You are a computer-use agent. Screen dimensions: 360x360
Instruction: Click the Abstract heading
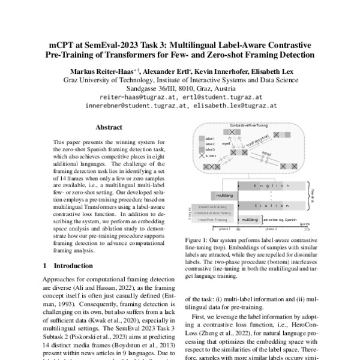click(109, 127)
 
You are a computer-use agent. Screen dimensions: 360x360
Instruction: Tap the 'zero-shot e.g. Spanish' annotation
click(282, 220)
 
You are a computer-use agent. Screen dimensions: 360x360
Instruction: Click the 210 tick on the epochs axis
click(307, 229)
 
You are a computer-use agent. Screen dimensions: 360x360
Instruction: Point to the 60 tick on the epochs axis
click(238, 229)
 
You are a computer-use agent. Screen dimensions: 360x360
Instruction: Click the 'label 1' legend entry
click(209, 138)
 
